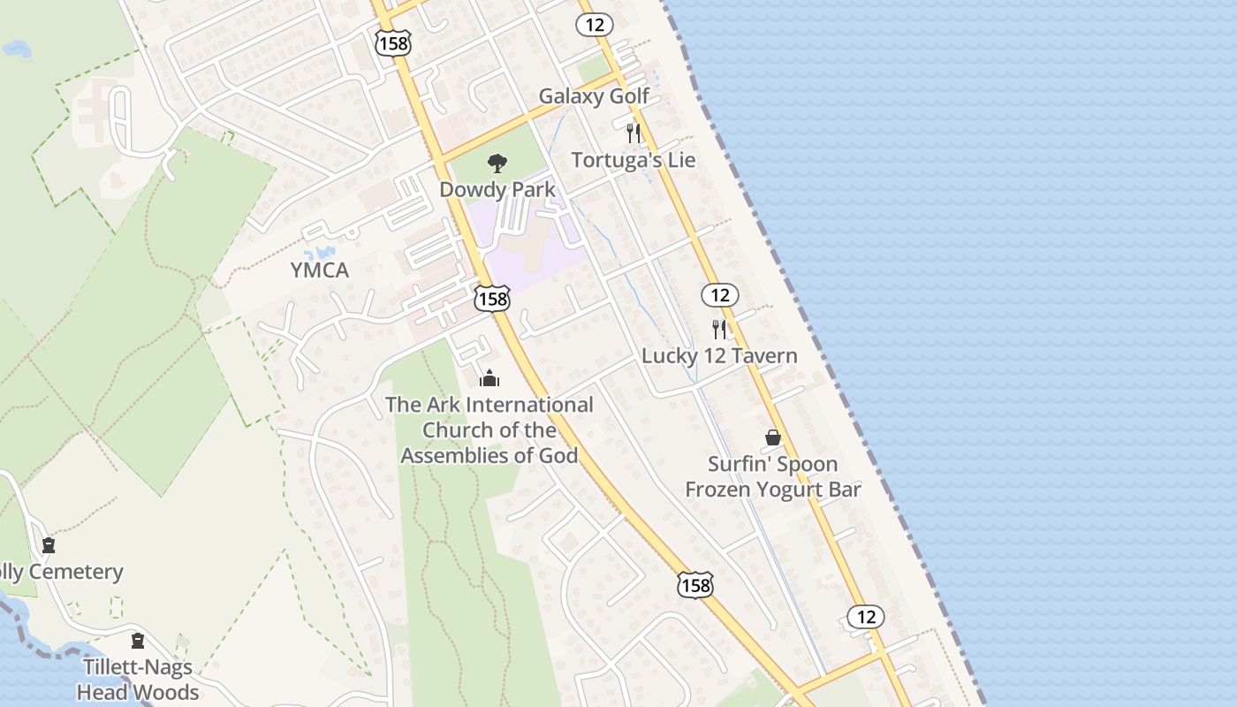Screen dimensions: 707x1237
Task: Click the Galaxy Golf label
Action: (x=594, y=96)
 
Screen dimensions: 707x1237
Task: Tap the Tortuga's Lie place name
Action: (x=633, y=160)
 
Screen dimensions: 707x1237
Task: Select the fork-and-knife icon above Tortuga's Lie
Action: (x=633, y=133)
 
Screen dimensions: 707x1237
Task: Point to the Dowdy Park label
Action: (x=497, y=189)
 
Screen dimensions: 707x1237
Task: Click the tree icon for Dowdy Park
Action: (x=497, y=163)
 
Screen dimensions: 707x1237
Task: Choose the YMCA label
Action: (x=320, y=270)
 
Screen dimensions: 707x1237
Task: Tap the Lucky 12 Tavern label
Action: (x=719, y=356)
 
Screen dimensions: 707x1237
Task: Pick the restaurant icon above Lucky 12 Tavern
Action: (x=719, y=330)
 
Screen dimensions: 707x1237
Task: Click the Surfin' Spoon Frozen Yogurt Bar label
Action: (x=773, y=476)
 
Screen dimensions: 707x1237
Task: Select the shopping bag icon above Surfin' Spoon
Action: (x=773, y=437)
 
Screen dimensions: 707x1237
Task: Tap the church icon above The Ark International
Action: (x=489, y=378)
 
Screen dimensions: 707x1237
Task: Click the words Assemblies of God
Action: (x=489, y=456)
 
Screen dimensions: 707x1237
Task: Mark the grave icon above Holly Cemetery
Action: (x=49, y=545)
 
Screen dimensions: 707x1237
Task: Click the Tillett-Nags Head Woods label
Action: (x=138, y=679)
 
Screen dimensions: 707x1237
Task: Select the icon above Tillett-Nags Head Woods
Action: (x=138, y=641)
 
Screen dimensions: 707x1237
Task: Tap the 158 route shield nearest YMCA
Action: (x=492, y=299)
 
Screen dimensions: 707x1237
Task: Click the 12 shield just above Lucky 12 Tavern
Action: (x=720, y=294)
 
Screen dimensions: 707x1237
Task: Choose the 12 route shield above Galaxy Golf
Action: (x=594, y=25)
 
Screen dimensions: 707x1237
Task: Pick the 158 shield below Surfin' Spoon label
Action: (x=695, y=584)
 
